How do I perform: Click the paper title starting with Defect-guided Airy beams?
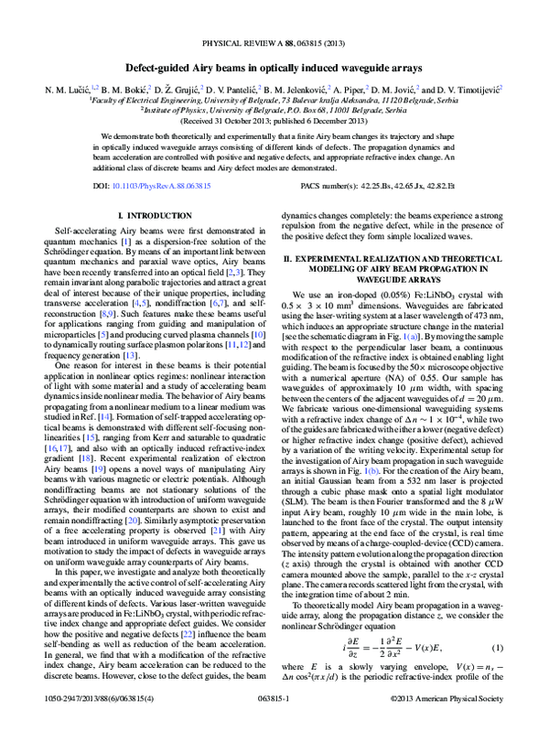pos(274,69)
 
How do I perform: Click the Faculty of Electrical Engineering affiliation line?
pos(274,102)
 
